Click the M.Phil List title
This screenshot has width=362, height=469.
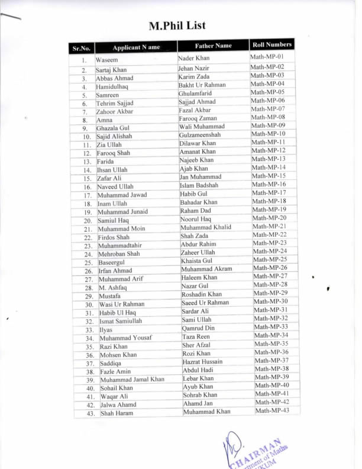pos(177,25)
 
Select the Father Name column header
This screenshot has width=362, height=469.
pos(213,46)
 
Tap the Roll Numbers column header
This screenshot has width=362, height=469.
pos(271,44)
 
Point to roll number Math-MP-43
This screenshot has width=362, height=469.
pos(273,411)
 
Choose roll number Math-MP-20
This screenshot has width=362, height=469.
pos(270,218)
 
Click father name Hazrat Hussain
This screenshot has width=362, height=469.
pos(203,361)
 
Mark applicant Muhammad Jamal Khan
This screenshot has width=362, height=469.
pos(132,380)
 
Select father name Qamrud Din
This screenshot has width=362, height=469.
pos(198,327)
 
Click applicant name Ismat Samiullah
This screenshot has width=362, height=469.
pos(121,321)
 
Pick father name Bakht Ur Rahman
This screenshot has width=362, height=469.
pos(202,85)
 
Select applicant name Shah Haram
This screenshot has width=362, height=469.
pos(117,413)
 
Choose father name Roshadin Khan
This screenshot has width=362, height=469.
pos(202,294)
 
